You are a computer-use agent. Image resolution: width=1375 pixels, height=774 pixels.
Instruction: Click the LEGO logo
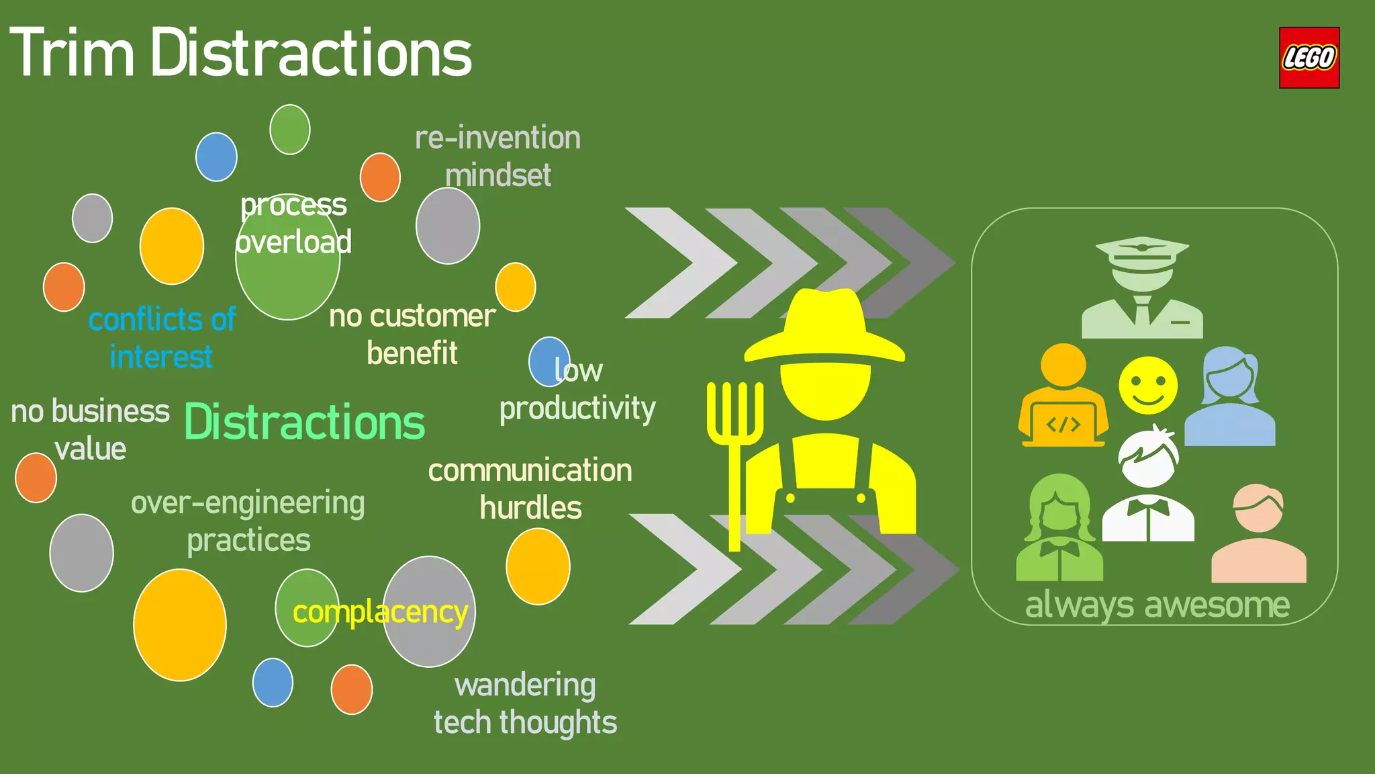tap(1309, 58)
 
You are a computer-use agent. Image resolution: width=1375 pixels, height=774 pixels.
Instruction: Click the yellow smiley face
tap(1147, 386)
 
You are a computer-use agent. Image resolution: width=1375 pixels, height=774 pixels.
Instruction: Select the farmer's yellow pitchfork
tap(734, 443)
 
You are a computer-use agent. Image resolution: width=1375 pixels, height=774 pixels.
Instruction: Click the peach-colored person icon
tap(1258, 534)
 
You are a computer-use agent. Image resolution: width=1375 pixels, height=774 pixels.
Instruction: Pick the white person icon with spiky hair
tap(1148, 486)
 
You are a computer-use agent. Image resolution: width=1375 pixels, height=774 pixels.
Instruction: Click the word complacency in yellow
tap(380, 613)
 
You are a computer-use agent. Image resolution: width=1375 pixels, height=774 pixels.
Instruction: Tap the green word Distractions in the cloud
tap(304, 423)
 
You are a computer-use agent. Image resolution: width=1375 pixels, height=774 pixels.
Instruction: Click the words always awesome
tap(1157, 605)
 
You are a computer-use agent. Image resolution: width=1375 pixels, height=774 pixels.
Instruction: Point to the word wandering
tap(525, 686)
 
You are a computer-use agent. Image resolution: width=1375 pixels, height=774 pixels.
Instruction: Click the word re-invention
tap(497, 138)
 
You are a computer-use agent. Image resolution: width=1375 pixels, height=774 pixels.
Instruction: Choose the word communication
tap(530, 471)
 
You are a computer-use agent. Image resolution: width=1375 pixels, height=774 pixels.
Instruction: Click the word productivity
tap(577, 408)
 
